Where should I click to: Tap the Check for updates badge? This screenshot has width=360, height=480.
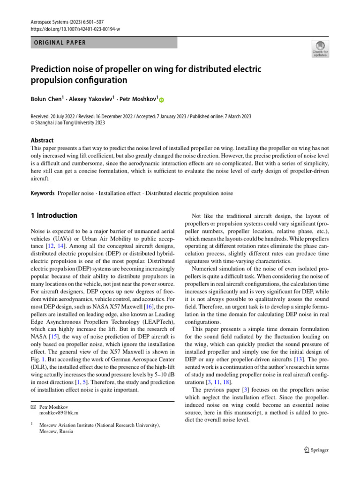[x=320, y=49]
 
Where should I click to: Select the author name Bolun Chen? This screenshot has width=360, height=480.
[x=46, y=99]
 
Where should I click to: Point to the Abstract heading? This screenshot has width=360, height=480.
[x=42, y=140]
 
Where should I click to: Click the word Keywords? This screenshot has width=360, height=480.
[x=43, y=193]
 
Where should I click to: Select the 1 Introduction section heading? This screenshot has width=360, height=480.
[x=54, y=216]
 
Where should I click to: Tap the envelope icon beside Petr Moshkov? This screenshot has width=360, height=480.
[x=33, y=407]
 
